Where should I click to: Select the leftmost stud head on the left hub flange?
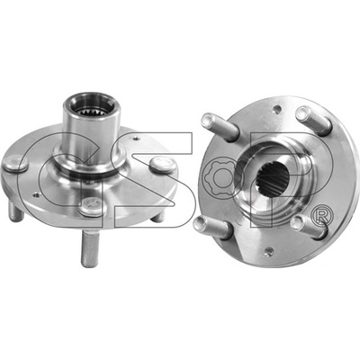(14, 165)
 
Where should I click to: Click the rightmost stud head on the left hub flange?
(162, 165)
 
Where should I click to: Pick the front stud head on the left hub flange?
(93, 206)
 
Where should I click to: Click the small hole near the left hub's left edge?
(37, 195)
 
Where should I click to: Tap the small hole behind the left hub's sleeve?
(137, 139)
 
